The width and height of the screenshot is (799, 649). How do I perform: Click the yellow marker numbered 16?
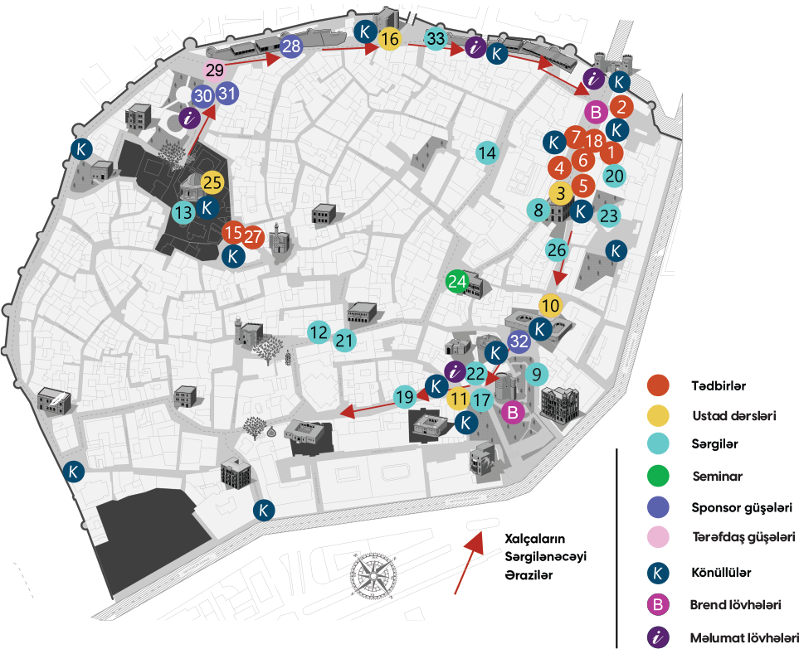[x=390, y=38]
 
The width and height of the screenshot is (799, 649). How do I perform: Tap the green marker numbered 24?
[x=457, y=282]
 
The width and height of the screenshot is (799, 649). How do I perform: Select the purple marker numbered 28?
[x=290, y=46]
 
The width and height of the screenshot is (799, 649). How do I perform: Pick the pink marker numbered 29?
[x=214, y=70]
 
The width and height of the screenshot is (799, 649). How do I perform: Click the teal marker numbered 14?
[x=487, y=153]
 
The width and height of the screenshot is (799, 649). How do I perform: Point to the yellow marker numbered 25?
[x=212, y=182]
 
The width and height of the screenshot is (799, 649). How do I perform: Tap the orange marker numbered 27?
[x=254, y=236]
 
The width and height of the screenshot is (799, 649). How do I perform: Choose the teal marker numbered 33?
[x=436, y=37]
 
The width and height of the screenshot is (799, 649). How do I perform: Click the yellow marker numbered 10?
[x=550, y=305]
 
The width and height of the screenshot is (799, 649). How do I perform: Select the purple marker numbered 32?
[x=519, y=341]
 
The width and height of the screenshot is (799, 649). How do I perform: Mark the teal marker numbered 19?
[x=404, y=397]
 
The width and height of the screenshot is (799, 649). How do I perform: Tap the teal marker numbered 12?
[x=318, y=332]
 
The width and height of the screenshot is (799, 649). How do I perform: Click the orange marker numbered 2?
[x=621, y=106]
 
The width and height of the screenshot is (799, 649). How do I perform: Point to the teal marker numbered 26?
[x=557, y=249]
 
